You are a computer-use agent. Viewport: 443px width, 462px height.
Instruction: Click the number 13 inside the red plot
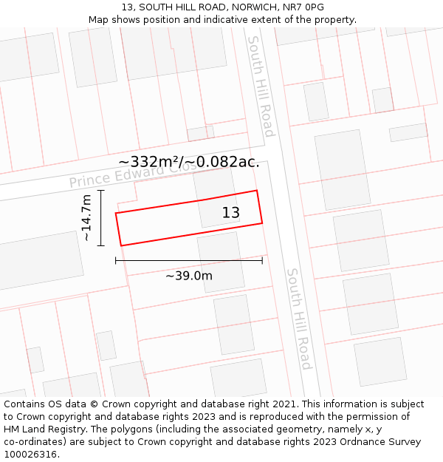point(231,213)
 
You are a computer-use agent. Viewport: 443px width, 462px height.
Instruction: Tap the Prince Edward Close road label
point(133,174)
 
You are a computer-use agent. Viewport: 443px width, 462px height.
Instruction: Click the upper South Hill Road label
point(261,86)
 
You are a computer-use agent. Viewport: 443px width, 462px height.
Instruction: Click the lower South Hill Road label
point(299,319)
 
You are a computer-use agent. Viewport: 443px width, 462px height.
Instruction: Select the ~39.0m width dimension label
point(188,276)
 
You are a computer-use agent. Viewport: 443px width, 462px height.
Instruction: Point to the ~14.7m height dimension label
point(86,218)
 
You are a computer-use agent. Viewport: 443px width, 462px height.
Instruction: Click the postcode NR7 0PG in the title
point(305,7)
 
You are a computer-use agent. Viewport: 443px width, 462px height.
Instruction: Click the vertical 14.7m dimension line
point(101,218)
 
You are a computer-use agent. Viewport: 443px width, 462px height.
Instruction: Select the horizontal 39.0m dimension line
point(188,260)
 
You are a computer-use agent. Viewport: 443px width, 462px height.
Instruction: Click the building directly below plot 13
point(220,261)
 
